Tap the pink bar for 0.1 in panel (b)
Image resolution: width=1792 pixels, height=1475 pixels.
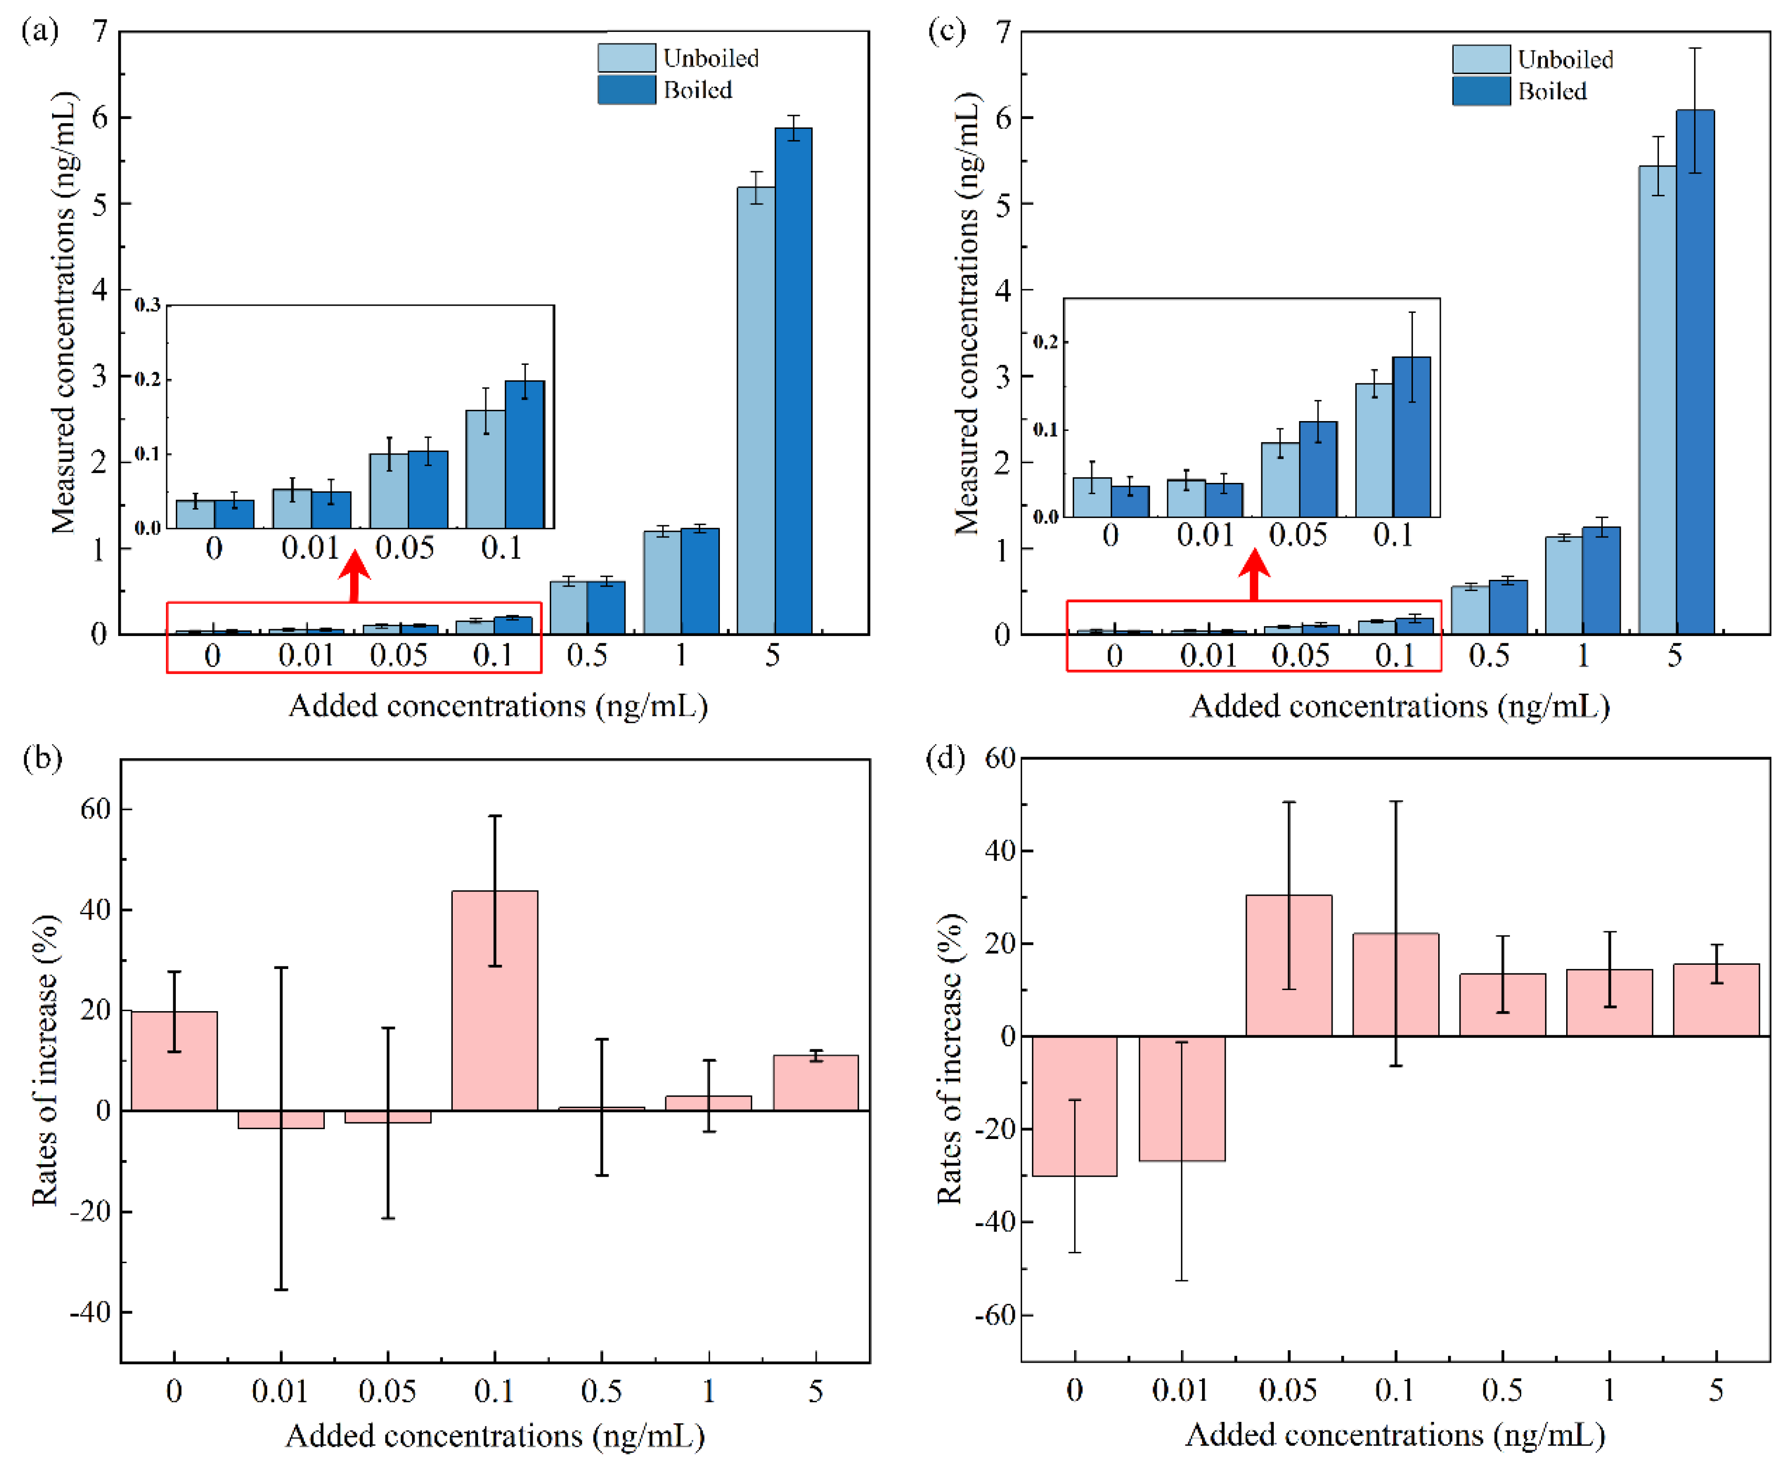(494, 1000)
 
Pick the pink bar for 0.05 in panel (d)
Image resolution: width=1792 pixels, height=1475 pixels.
(1288, 965)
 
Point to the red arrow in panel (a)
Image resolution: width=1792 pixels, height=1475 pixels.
(354, 577)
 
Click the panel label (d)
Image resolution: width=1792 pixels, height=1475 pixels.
(944, 757)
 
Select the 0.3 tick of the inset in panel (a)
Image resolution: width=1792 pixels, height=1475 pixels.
(147, 305)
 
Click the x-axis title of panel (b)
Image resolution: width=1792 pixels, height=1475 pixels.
(495, 1435)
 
